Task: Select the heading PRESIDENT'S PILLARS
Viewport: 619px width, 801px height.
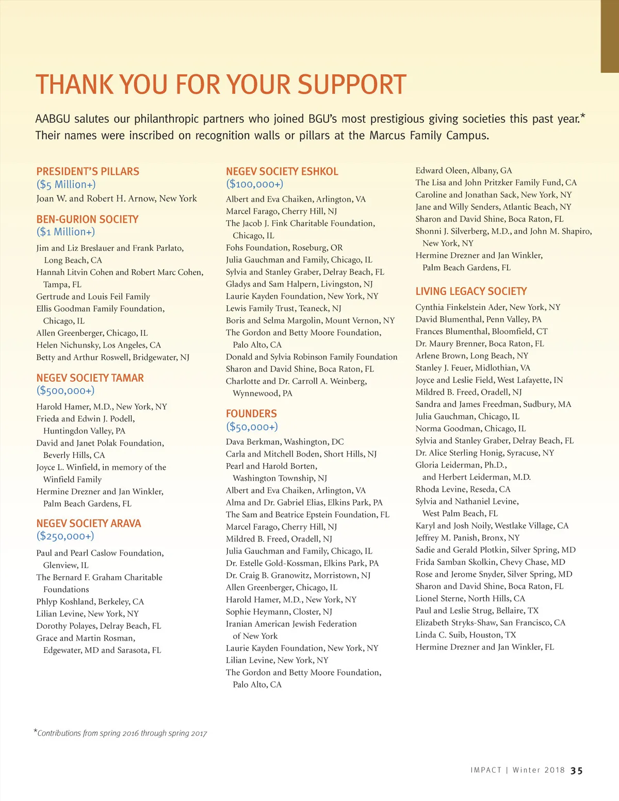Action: pos(88,171)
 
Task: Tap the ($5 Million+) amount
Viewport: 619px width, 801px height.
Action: pos(66,185)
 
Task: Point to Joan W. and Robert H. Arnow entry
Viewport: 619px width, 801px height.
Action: pos(117,199)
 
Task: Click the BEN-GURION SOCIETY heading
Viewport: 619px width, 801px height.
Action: pos(87,219)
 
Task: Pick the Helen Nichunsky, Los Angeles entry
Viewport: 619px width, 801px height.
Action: pos(99,345)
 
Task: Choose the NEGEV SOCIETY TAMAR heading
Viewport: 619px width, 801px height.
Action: pos(90,378)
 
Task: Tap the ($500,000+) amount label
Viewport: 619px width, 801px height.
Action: pos(66,391)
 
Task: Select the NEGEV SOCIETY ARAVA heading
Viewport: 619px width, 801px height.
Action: pos(88,524)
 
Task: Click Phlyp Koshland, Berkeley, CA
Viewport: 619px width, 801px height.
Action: pos(90,601)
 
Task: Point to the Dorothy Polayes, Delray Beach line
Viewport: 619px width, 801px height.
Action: pos(99,626)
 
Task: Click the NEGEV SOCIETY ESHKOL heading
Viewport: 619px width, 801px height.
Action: pos(282,171)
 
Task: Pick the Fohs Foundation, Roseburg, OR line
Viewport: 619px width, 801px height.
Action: pos(284,248)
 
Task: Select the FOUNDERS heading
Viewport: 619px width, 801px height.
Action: pos(251,414)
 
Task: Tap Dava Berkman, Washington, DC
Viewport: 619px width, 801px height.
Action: pos(285,442)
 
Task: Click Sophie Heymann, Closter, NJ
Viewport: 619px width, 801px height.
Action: pos(279,612)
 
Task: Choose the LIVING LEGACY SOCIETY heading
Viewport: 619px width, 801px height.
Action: pos(471,291)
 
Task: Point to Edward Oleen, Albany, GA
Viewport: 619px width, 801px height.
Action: pos(464,170)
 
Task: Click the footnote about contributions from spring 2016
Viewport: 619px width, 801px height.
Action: pos(121,733)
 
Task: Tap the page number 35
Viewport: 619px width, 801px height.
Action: pos(577,771)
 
